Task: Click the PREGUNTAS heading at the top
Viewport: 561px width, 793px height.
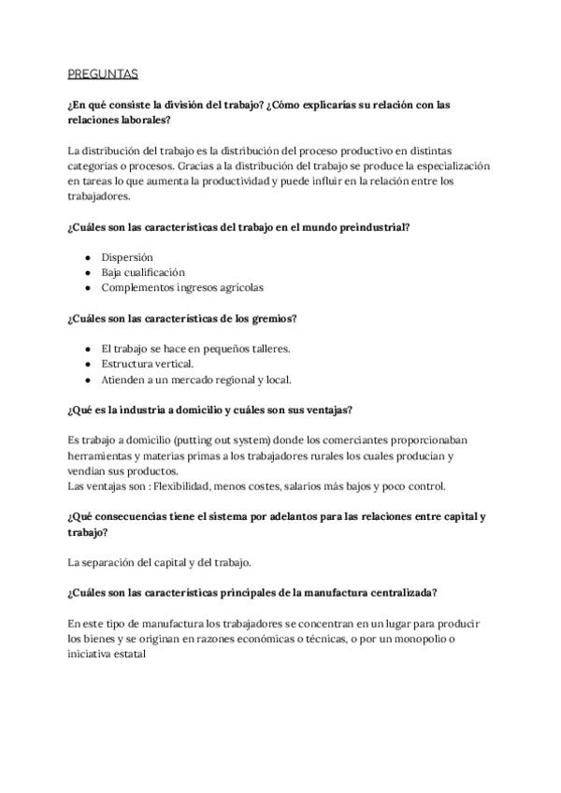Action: point(103,73)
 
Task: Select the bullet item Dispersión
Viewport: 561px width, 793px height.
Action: point(127,257)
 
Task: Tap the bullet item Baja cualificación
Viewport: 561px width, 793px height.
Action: point(143,272)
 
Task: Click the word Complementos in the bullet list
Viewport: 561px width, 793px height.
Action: point(138,287)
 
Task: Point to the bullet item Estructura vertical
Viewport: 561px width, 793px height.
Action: point(148,364)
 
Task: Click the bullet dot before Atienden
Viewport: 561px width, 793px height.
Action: point(88,380)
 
